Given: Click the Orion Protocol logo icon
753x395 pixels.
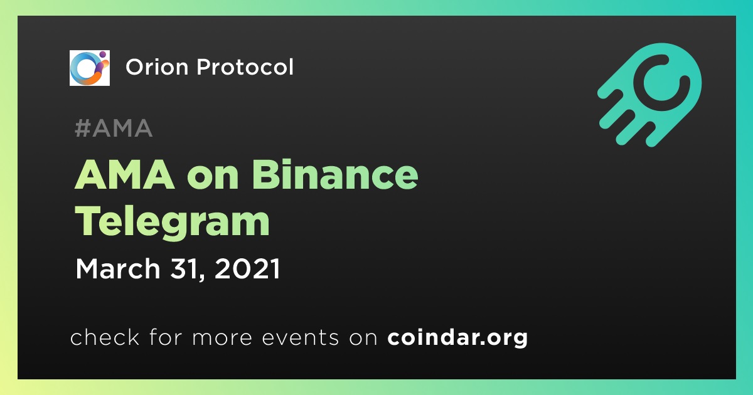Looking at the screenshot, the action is click(x=89, y=68).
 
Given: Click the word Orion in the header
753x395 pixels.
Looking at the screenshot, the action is click(x=157, y=67).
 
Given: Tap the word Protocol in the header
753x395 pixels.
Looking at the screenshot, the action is click(x=245, y=67).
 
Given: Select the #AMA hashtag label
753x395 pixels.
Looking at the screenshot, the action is click(x=114, y=128).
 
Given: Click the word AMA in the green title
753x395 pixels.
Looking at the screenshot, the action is click(x=125, y=175).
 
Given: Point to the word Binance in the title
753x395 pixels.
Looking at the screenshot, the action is click(x=335, y=175).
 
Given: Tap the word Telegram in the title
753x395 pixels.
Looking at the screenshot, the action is click(x=172, y=223).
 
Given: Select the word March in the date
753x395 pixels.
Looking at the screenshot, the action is click(x=118, y=268).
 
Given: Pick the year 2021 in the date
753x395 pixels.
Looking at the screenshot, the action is click(x=247, y=268).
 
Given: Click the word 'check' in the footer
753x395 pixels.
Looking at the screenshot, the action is click(x=105, y=337).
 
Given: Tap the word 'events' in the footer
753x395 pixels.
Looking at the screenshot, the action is click(x=301, y=337).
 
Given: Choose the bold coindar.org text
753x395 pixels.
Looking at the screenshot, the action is click(x=457, y=338).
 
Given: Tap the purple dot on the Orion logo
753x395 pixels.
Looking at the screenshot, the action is click(x=102, y=54).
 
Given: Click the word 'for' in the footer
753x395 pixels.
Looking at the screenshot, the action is click(x=166, y=337).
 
